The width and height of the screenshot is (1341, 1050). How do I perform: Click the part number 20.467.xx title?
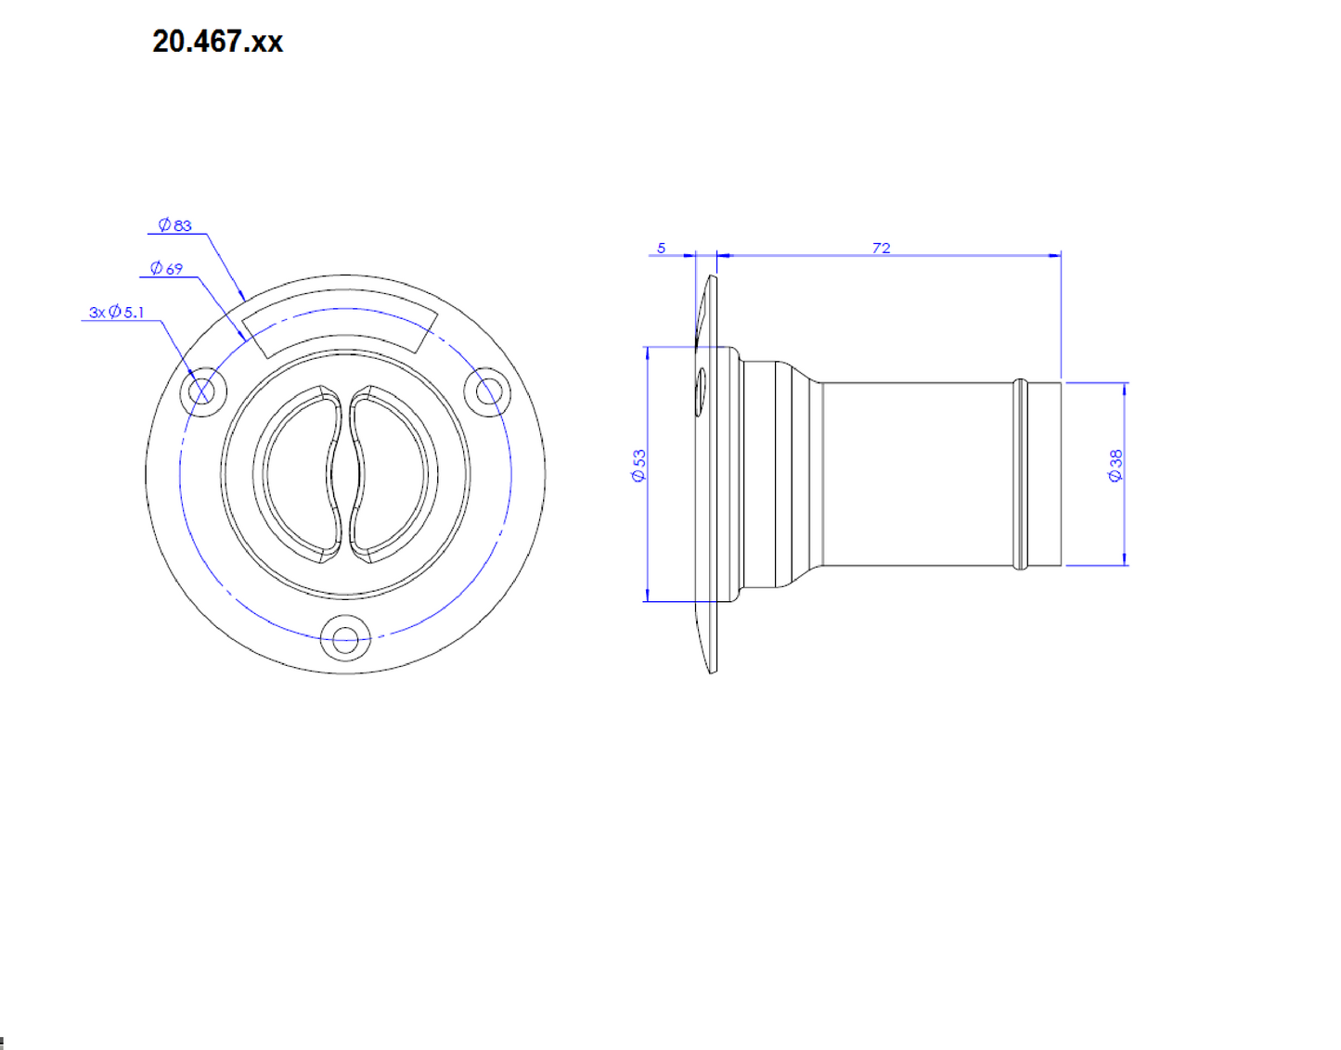(x=217, y=42)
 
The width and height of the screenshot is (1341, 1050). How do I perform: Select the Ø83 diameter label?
(x=174, y=225)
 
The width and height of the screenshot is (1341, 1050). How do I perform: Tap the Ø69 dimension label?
(x=167, y=269)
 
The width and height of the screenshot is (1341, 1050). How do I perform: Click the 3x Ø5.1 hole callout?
(x=117, y=313)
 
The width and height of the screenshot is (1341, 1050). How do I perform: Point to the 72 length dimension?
(x=881, y=248)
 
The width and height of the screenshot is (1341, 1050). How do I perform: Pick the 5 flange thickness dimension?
(x=661, y=248)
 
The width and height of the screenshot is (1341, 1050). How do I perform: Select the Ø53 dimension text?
(x=638, y=466)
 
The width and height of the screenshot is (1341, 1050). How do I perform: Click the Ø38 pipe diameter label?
(x=1115, y=466)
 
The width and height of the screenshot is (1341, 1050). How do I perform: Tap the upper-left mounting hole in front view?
(x=201, y=391)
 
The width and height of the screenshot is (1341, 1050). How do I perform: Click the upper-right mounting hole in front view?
(x=488, y=391)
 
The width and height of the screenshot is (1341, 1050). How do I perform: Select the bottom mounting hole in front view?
(x=345, y=639)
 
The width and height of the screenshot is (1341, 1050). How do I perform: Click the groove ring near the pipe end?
(x=1021, y=474)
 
